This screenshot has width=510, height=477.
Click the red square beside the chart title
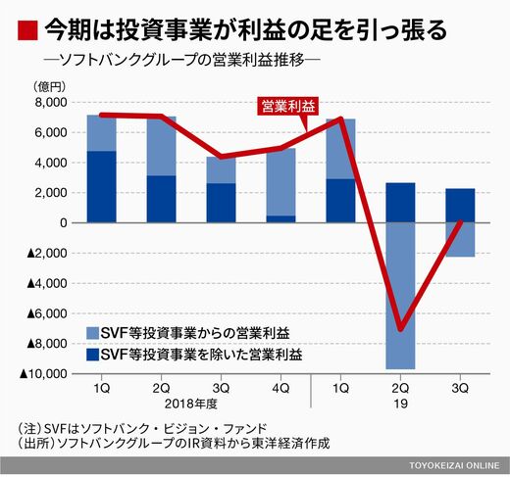click(x=27, y=30)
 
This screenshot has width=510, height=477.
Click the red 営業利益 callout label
click(x=287, y=106)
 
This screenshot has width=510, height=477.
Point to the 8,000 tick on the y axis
click(x=51, y=103)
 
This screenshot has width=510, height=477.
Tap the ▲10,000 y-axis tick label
click(x=43, y=374)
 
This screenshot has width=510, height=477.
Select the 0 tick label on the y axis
click(x=64, y=223)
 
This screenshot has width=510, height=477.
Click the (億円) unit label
click(x=49, y=87)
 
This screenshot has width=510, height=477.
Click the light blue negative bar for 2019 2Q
click(x=400, y=296)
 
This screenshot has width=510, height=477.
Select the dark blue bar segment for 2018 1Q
click(x=101, y=187)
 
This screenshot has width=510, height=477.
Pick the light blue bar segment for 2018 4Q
click(x=280, y=182)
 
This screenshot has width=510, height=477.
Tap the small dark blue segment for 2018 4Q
click(x=280, y=219)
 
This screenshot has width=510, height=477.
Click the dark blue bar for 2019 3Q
click(x=460, y=206)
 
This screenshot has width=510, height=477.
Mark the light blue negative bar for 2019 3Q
click(x=460, y=240)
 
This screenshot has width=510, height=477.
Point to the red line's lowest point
click(x=401, y=329)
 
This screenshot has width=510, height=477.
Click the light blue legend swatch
click(x=92, y=333)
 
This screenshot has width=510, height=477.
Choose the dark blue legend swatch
click(x=92, y=355)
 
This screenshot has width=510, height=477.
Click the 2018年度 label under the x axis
click(x=191, y=404)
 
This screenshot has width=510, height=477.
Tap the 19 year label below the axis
click(x=400, y=404)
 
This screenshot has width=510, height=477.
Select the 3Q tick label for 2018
click(x=221, y=389)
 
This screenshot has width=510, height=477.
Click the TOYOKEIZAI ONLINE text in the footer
click(x=454, y=465)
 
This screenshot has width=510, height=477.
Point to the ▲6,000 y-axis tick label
click(x=47, y=313)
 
